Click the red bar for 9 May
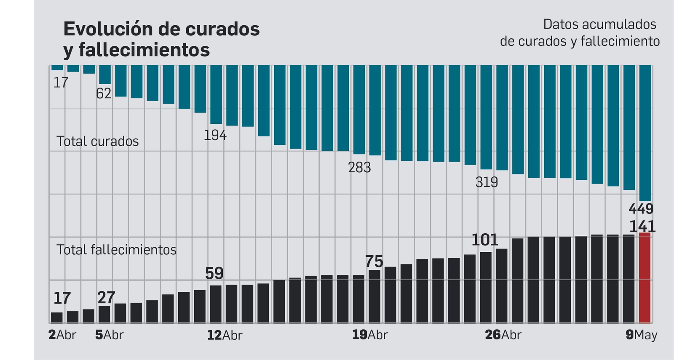pyautogui.click(x=645, y=278)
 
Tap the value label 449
pyautogui.click(x=641, y=209)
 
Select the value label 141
pyautogui.click(x=642, y=227)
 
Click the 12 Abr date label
pyautogui.click(x=225, y=335)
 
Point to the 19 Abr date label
pyautogui.click(x=369, y=335)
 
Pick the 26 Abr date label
pyautogui.click(x=503, y=335)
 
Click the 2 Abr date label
pyautogui.click(x=62, y=335)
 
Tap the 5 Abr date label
pyautogui.click(x=109, y=335)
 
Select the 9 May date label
pyautogui.click(x=641, y=335)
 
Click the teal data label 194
pyautogui.click(x=215, y=136)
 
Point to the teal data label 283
pyautogui.click(x=359, y=168)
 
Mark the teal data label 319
pyautogui.click(x=487, y=182)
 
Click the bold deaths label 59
pyautogui.click(x=214, y=274)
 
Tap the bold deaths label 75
pyautogui.click(x=374, y=262)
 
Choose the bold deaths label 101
pyautogui.click(x=484, y=240)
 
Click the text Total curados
pyautogui.click(x=97, y=141)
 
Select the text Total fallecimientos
pyautogui.click(x=116, y=250)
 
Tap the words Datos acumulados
pyautogui.click(x=599, y=24)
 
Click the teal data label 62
pyautogui.click(x=104, y=93)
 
